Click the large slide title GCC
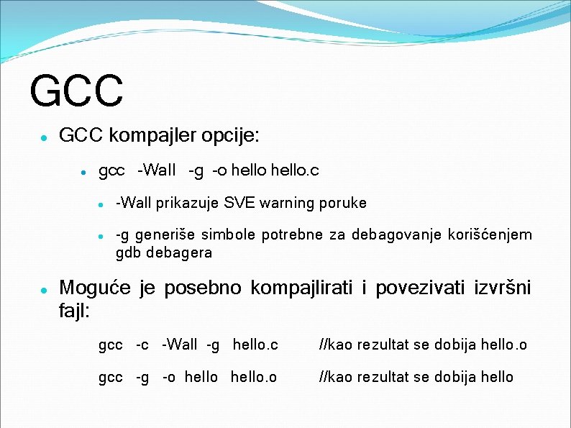point(77,89)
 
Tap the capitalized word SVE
point(239,203)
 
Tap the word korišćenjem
point(490,235)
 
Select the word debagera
point(179,252)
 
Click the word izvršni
point(503,288)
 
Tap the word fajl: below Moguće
point(75,312)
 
